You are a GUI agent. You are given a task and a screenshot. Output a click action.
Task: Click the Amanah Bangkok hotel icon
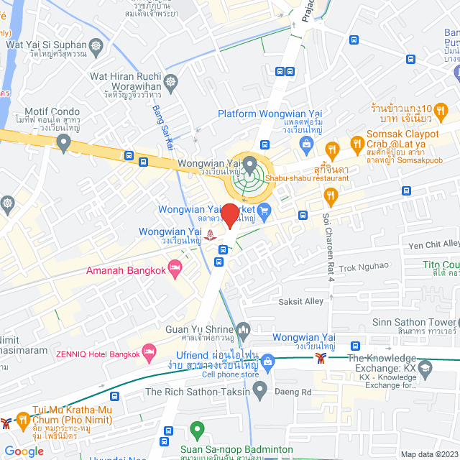coord(174,268)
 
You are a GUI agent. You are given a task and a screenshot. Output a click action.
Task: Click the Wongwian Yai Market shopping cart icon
coord(264,211)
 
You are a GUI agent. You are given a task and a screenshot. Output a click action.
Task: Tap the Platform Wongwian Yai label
coord(270,114)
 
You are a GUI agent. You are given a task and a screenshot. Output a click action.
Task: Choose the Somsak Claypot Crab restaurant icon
coord(331,149)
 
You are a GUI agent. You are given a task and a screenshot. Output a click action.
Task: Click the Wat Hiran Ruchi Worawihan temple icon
coord(171,81)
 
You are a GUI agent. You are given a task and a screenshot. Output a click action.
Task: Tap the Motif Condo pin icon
coord(64,144)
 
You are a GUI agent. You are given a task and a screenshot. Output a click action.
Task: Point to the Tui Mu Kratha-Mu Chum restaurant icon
coord(23,419)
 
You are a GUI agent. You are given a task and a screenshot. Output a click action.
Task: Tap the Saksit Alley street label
coord(301,301)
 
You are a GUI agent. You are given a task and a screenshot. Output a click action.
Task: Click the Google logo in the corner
coord(24,451)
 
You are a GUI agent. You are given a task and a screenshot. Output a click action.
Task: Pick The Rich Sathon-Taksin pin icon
coord(259,390)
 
